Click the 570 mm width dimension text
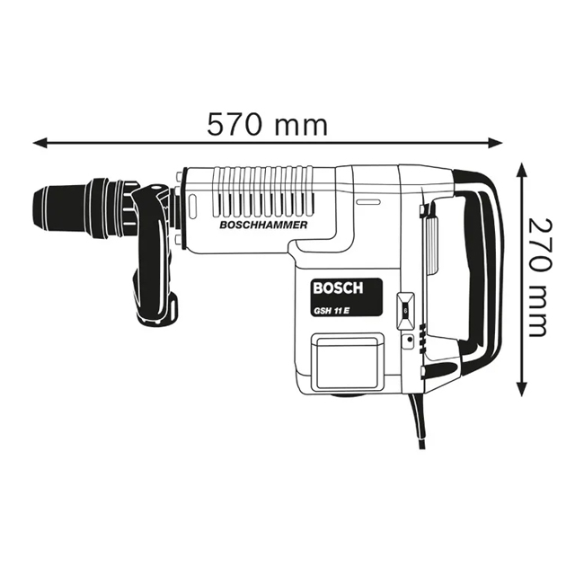point(267,124)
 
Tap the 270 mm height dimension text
point(539,278)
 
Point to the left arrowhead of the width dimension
point(40,142)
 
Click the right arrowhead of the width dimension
point(495,142)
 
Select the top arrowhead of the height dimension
point(522,170)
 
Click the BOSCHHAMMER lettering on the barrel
point(263,225)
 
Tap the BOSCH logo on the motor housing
point(338,288)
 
